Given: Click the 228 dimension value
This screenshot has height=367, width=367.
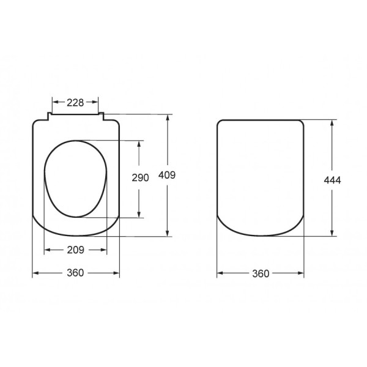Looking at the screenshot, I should (x=75, y=102).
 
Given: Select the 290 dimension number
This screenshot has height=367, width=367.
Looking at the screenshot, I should (x=141, y=178).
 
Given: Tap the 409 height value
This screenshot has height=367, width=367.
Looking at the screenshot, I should (x=168, y=175).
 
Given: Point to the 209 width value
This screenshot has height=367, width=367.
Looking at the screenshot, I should (x=75, y=250).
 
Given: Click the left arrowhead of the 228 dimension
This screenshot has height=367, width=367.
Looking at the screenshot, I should (x=55, y=102).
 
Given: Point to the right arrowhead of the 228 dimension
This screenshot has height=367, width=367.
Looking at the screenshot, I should (x=96, y=102).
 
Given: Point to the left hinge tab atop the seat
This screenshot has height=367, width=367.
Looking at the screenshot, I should (x=49, y=115).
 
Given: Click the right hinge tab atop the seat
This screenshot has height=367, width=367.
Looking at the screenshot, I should (x=102, y=115).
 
